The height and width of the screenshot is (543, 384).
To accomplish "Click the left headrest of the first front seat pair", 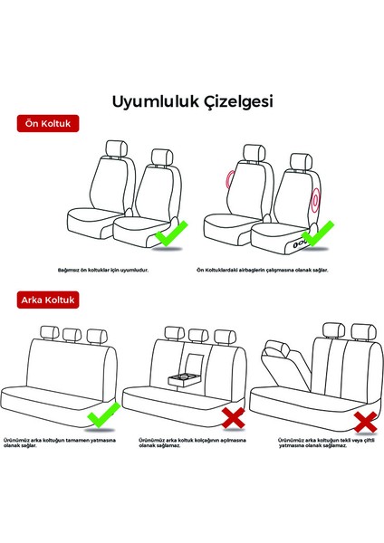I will pyautogui.click(x=114, y=149).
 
